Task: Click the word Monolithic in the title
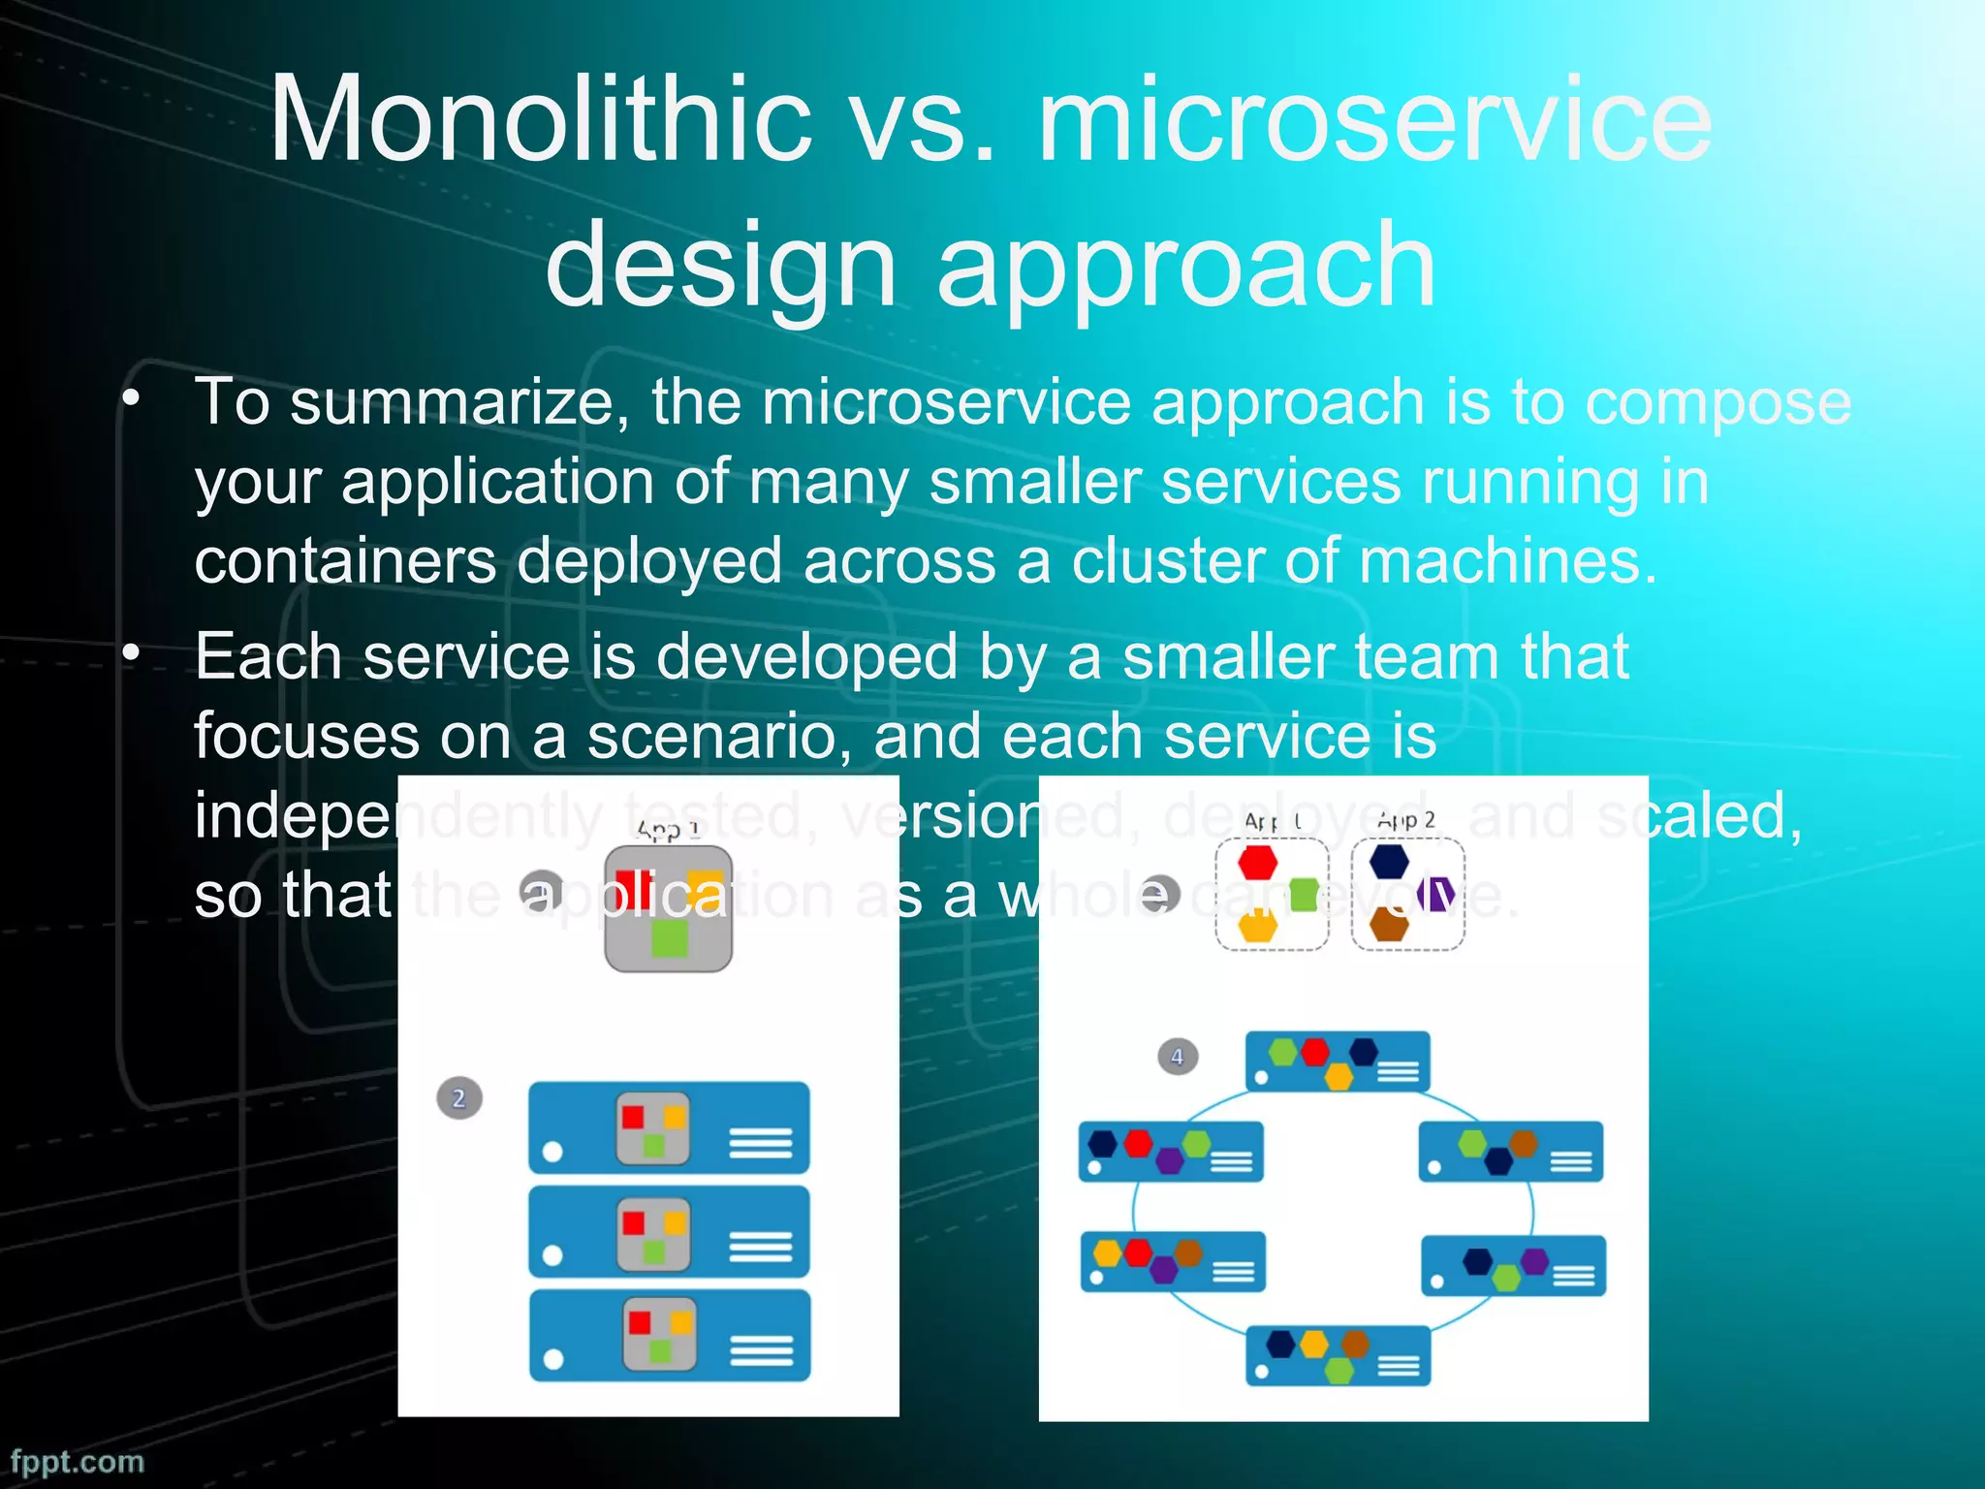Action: tap(539, 121)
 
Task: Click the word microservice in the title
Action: tap(1374, 121)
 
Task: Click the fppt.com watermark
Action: tap(78, 1461)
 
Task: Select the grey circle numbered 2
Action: tap(459, 1098)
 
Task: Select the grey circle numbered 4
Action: tap(1178, 1057)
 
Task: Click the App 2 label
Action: tap(1405, 820)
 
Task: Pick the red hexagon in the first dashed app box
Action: tap(1257, 861)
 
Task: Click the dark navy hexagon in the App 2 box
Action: tap(1389, 861)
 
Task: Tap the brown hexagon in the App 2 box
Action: tap(1389, 925)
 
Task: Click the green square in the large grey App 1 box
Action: tap(669, 938)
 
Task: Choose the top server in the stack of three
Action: tap(669, 1127)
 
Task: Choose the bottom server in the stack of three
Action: tap(669, 1335)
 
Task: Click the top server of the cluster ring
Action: tap(1338, 1061)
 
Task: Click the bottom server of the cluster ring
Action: tap(1338, 1355)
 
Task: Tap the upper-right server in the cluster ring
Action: tap(1510, 1152)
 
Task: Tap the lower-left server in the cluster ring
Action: tap(1173, 1262)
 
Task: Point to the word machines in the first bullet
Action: tap(1508, 561)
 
